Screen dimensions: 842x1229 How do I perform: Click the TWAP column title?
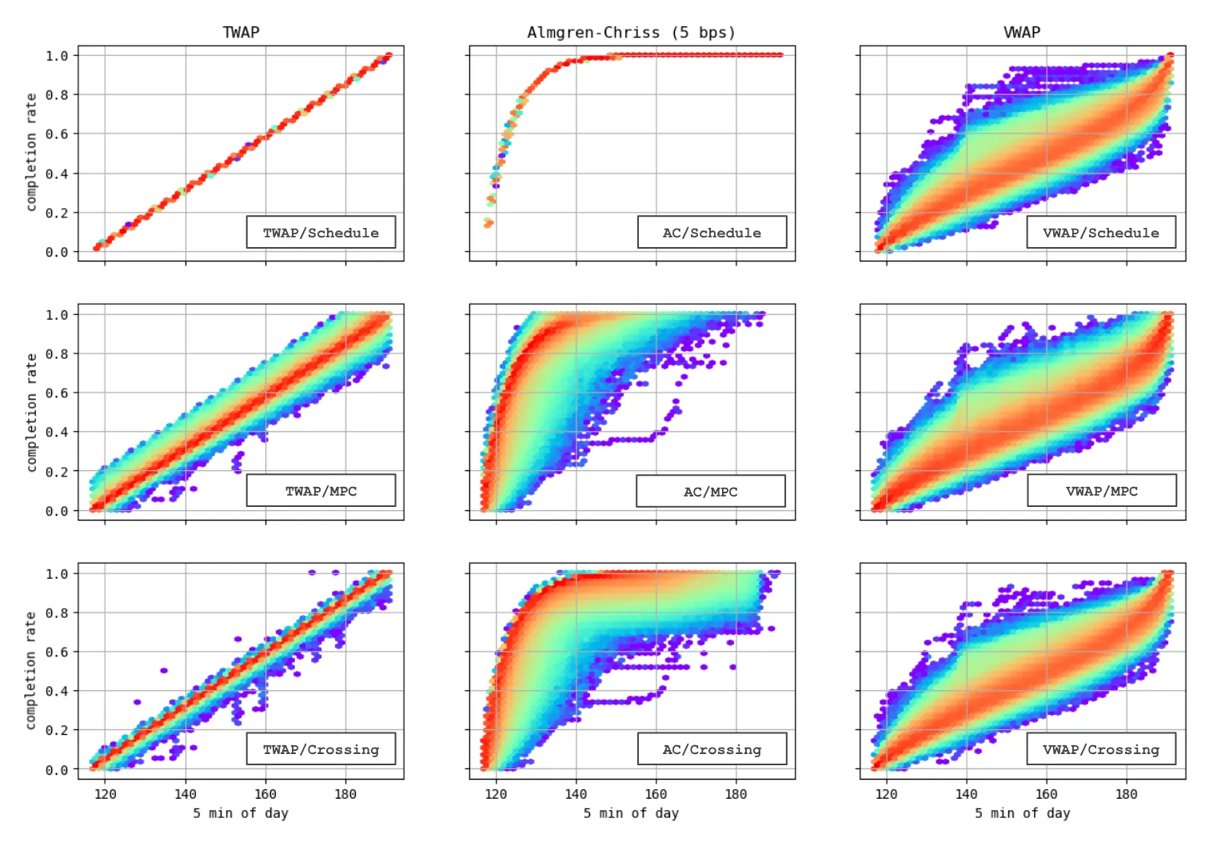coord(241,32)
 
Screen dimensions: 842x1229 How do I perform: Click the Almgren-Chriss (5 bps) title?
coord(631,32)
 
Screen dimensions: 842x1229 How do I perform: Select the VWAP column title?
coord(1022,32)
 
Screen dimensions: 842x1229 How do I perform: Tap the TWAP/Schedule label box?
coord(321,233)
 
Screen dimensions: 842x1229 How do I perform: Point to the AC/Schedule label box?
coord(712,233)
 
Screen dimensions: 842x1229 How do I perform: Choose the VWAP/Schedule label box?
coord(1101,233)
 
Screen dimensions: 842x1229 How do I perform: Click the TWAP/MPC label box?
coord(321,491)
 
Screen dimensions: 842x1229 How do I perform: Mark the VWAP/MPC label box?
coord(1101,491)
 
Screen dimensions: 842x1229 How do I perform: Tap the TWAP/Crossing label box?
coord(321,749)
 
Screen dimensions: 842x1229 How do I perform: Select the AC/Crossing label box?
coord(712,749)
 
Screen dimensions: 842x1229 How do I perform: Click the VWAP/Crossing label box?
coord(1101,749)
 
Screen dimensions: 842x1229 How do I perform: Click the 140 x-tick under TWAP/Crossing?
coord(186,794)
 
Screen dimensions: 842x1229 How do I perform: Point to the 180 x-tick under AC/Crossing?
coord(736,794)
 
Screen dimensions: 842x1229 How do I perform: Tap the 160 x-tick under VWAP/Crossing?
coord(1046,794)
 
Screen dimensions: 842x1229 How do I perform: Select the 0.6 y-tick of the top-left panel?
coord(57,134)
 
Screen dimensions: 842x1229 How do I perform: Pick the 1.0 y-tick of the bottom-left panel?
coord(57,574)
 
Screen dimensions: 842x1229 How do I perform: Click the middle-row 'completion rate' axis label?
coord(31,412)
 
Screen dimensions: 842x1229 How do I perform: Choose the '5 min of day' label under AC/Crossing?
coord(631,813)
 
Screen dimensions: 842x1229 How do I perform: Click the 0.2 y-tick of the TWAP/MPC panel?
coord(57,472)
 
